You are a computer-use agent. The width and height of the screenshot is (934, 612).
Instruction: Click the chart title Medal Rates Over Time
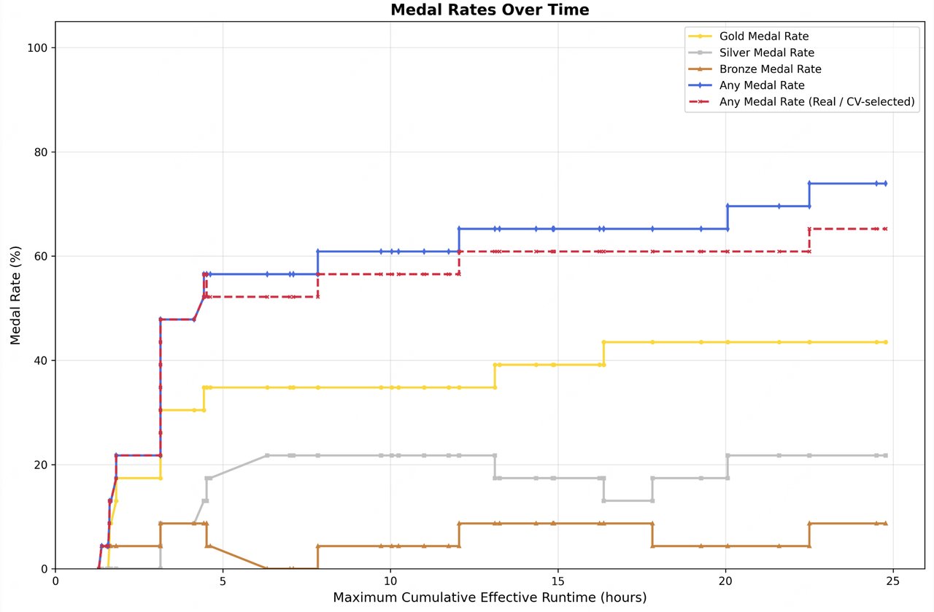490,9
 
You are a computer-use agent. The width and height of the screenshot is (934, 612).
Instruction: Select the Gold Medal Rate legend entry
763,36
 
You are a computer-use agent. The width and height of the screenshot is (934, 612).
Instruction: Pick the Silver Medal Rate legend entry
766,53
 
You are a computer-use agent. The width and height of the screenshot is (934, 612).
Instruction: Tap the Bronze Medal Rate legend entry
770,69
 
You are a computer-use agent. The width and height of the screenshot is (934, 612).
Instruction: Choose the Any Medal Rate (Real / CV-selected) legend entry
817,102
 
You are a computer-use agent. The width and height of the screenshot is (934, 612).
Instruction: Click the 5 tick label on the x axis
223,581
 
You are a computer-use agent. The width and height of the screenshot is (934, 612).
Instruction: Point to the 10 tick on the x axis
390,581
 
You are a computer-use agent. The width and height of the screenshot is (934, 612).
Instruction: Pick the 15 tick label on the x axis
558,581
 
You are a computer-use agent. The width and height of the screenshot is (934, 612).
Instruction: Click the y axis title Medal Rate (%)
15,295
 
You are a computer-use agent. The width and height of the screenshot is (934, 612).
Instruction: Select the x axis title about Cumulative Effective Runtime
490,598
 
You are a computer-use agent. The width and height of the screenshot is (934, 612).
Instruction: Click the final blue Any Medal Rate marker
885,183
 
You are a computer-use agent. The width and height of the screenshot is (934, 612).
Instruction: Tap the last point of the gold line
885,342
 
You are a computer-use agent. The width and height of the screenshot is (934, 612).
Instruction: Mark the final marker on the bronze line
885,524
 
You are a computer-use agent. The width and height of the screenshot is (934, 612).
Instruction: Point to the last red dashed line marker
885,229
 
